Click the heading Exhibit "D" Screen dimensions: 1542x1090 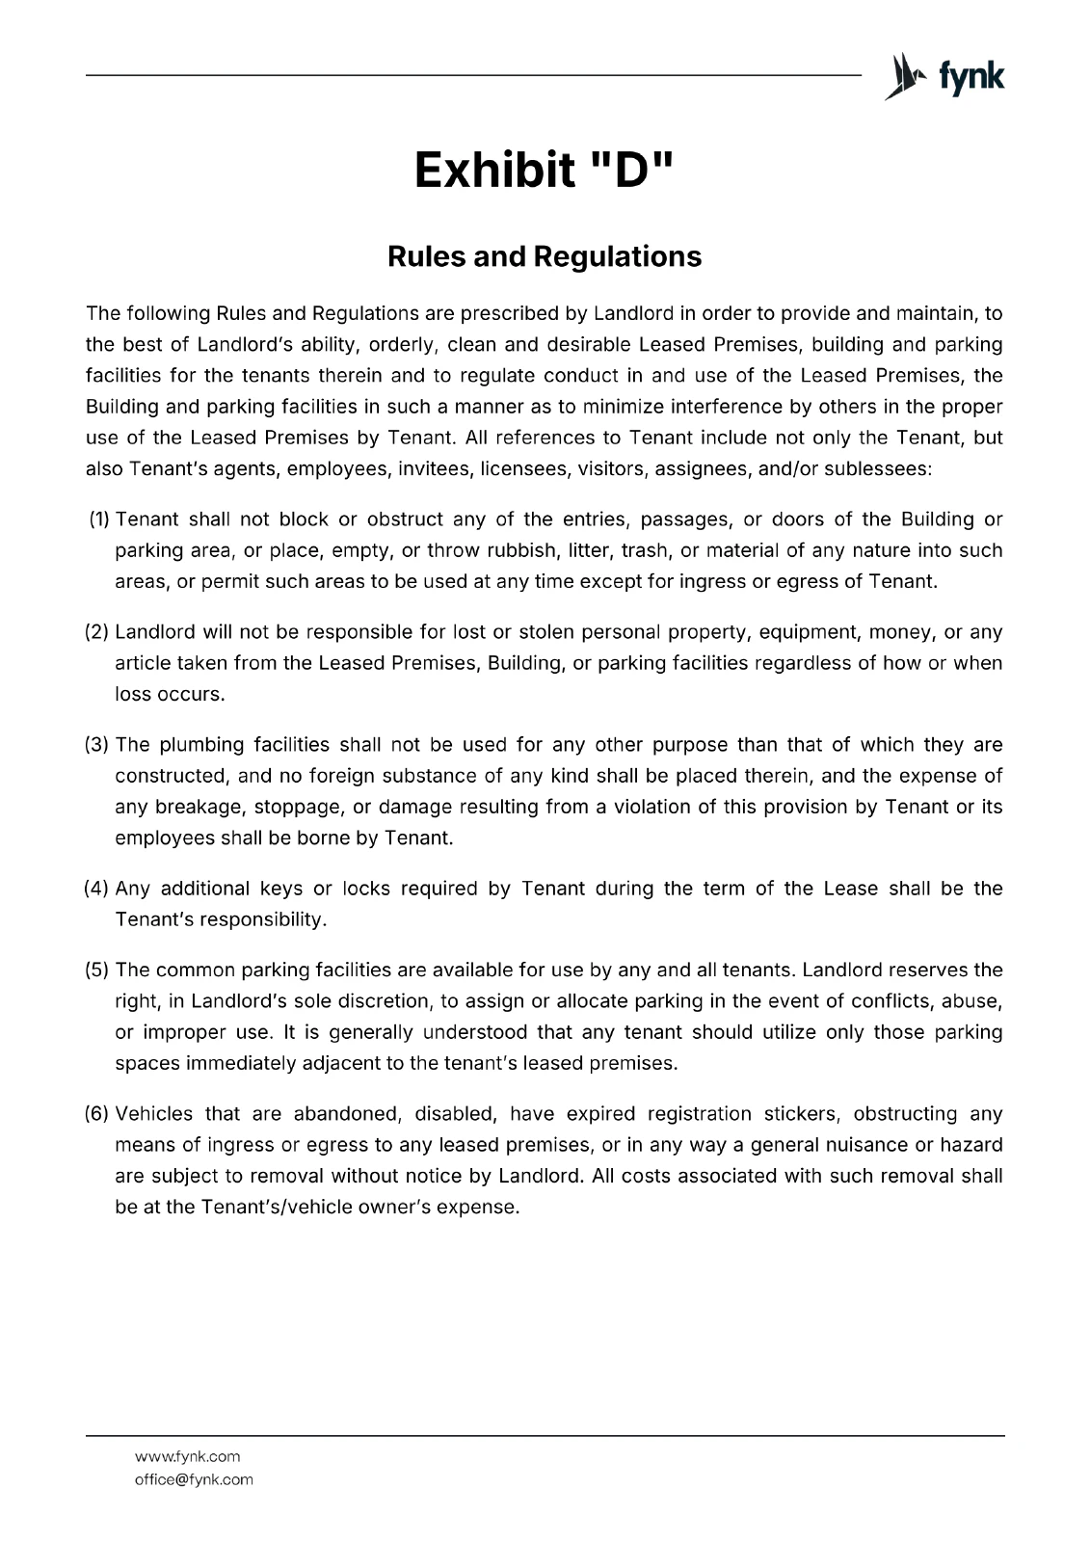tap(545, 172)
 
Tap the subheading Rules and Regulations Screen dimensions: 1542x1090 tap(545, 257)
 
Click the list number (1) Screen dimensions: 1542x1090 tap(100, 519)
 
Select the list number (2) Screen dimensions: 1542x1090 tap(97, 632)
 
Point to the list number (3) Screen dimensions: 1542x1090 tap(97, 745)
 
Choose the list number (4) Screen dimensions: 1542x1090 tap(97, 889)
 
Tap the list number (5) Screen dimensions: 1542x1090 tap(97, 970)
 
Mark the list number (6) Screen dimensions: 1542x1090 tap(97, 1114)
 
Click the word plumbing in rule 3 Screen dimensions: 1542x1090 tap(201, 745)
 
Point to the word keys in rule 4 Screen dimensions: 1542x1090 tap(280, 889)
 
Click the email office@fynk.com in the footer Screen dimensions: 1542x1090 tap(194, 1479)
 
